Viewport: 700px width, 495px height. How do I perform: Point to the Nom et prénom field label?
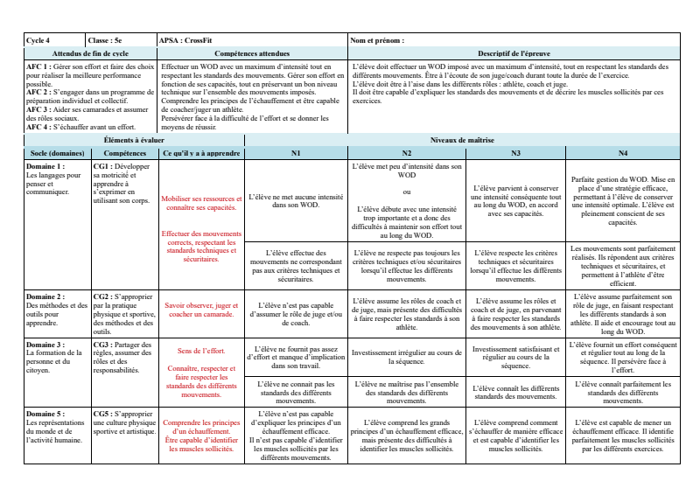tap(377, 40)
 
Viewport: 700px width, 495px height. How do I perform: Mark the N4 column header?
tap(622, 152)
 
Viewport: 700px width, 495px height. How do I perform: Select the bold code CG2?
tap(101, 297)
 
